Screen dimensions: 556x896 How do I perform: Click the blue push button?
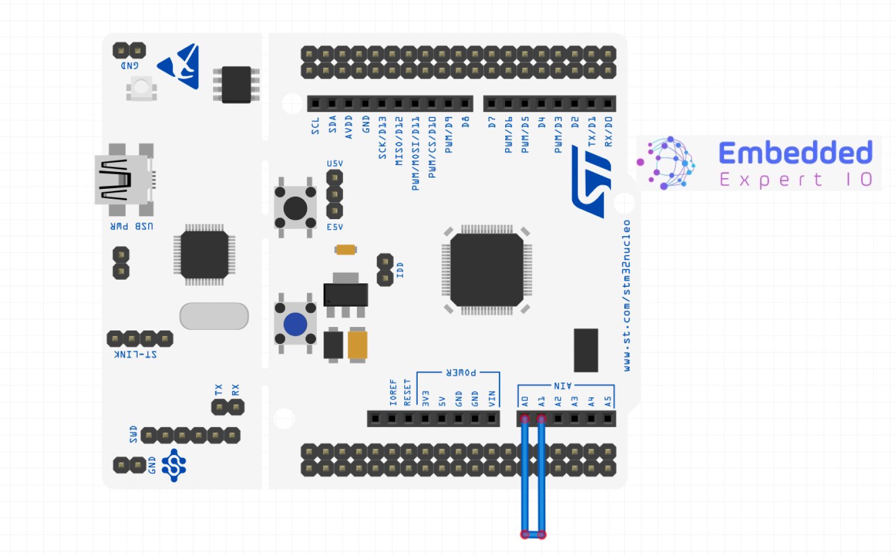point(295,325)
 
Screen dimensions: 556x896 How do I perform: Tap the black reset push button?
point(295,208)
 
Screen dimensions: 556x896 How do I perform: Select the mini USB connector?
point(123,180)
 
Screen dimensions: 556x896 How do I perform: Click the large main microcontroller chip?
point(487,270)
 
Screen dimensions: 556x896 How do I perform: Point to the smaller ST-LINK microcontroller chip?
point(204,255)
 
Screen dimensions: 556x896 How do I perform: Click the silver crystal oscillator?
point(214,316)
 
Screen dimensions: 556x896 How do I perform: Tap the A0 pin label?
point(524,401)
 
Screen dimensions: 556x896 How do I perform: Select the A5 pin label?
point(608,401)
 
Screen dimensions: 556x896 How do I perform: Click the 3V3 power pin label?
point(425,399)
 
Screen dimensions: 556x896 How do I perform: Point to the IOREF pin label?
point(393,393)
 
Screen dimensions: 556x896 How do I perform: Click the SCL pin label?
point(315,126)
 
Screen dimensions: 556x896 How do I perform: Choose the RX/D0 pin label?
point(608,131)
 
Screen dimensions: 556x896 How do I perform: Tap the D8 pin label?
point(465,122)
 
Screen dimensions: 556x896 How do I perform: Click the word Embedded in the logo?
point(795,153)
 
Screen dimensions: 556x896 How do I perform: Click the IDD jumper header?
point(385,270)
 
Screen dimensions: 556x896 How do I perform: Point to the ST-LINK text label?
point(135,354)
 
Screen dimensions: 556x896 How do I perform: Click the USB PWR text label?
point(132,226)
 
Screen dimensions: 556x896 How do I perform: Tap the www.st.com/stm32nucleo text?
point(626,295)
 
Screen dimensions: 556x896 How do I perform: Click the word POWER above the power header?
point(461,372)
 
